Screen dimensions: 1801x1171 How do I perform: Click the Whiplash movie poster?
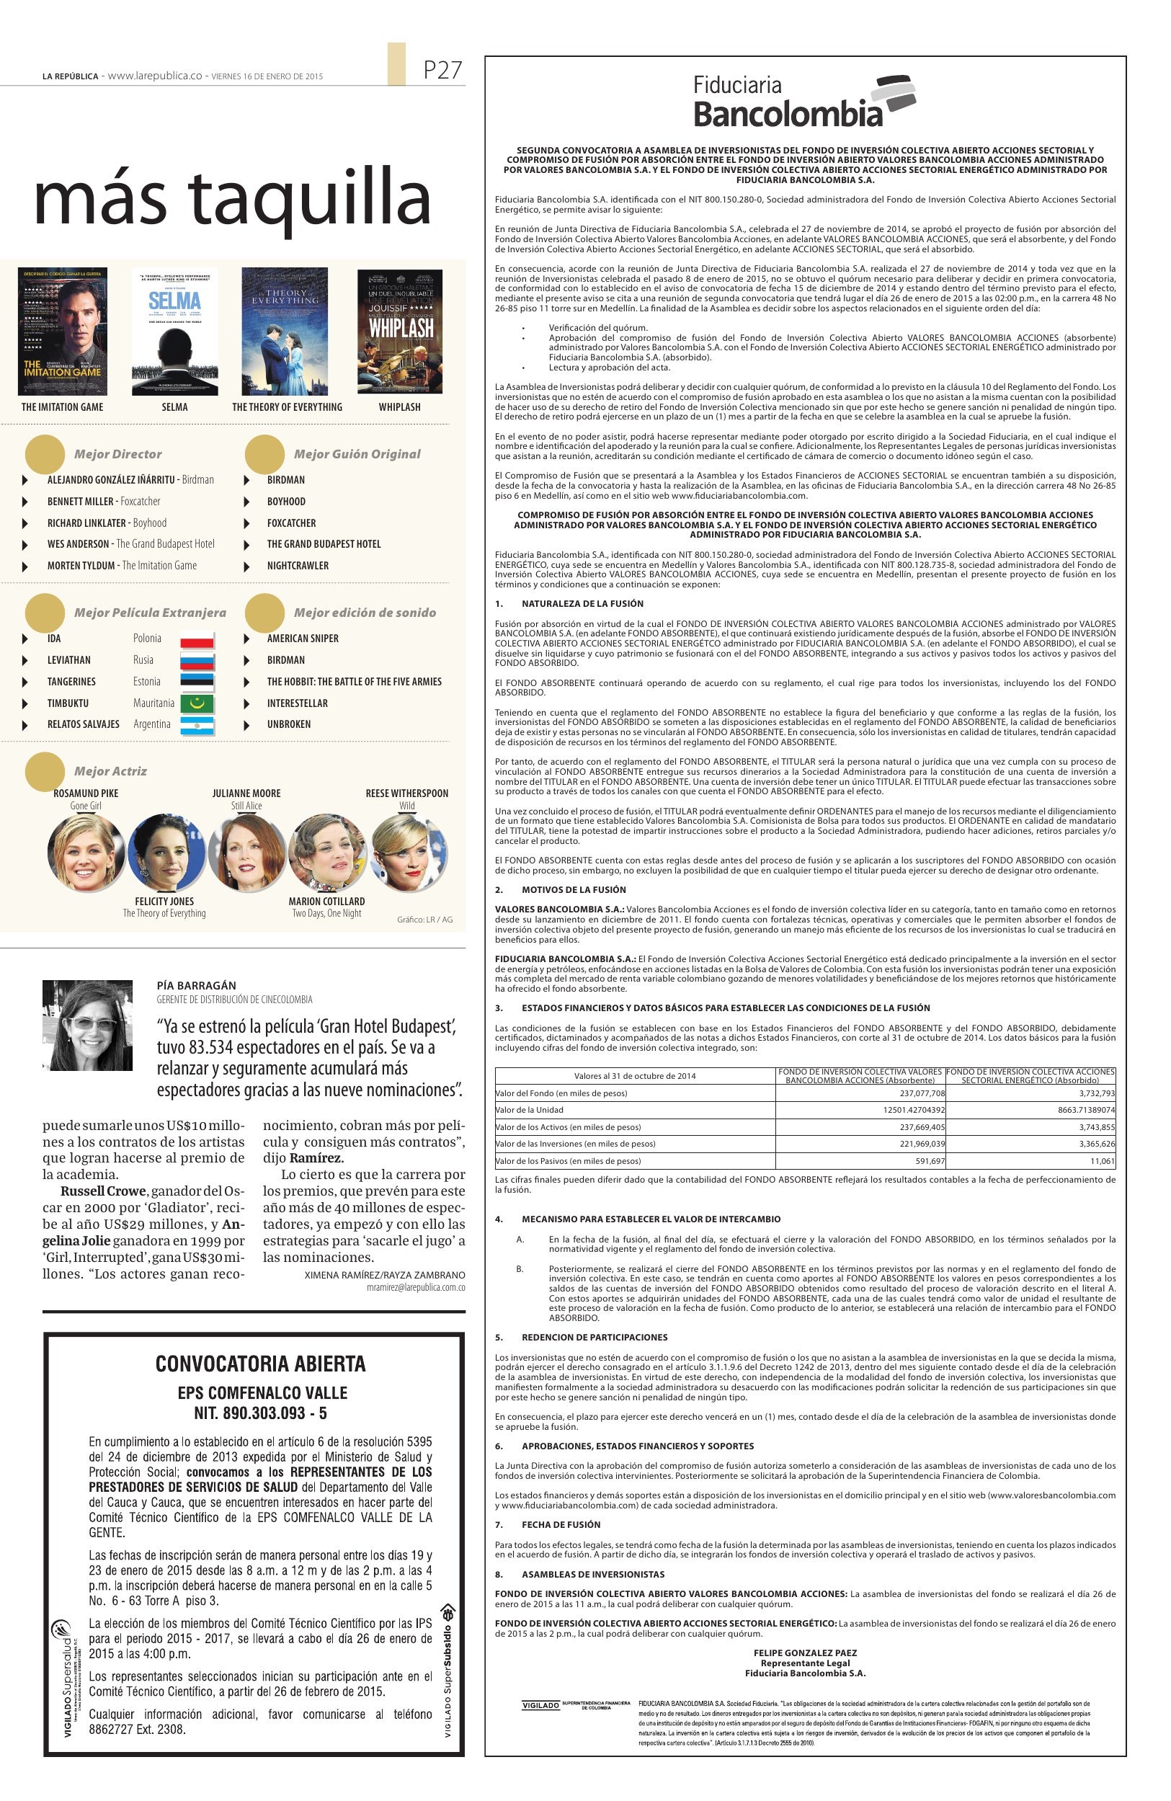[x=399, y=331]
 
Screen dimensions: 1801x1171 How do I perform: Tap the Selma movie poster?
[x=174, y=331]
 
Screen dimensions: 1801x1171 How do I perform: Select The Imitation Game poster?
[x=62, y=331]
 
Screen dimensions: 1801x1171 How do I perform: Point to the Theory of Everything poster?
[x=285, y=331]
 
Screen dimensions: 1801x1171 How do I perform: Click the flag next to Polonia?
[x=197, y=639]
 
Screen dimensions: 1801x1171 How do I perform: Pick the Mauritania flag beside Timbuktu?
[x=197, y=703]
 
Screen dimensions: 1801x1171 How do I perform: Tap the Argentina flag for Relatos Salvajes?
[x=197, y=725]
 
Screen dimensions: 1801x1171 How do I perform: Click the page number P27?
[x=442, y=71]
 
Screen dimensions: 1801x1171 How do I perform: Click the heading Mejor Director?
[x=118, y=454]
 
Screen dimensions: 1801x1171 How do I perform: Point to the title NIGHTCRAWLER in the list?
[x=298, y=565]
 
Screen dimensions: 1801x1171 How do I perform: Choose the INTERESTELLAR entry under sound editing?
[x=298, y=703]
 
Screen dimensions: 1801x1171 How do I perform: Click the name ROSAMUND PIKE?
[x=86, y=793]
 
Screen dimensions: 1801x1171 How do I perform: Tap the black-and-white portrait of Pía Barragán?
[x=88, y=1026]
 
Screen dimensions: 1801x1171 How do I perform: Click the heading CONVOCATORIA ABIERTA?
[x=260, y=1364]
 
